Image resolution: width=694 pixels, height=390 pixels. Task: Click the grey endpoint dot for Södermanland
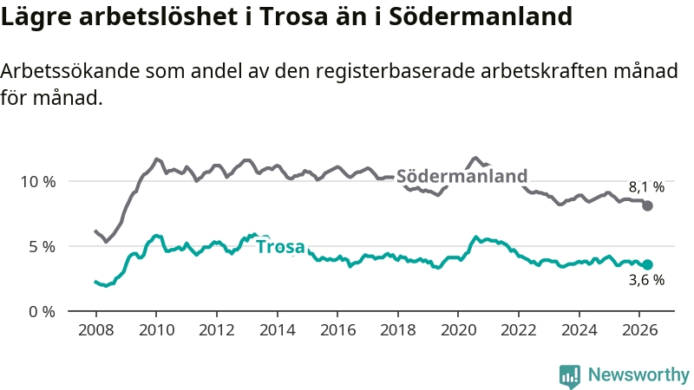[x=647, y=205]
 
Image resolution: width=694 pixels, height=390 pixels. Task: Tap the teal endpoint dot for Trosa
[x=647, y=264]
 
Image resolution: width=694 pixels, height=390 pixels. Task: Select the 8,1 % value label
[x=646, y=187]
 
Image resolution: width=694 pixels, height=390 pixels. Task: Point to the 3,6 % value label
[x=646, y=280]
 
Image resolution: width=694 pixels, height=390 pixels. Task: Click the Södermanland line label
[x=462, y=176]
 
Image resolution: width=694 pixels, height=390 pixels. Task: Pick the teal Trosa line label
[x=280, y=247]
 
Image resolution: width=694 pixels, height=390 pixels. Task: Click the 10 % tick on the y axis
[x=38, y=181]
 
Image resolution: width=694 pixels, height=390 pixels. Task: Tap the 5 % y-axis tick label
[x=42, y=247]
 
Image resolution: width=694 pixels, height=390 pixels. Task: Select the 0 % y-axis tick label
[x=42, y=312]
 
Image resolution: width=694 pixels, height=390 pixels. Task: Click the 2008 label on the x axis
[x=96, y=330]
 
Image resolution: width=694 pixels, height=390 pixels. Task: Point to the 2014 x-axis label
[x=277, y=330]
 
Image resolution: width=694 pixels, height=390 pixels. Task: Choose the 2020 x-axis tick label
[x=459, y=330]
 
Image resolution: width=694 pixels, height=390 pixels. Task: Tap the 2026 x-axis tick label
[x=640, y=330]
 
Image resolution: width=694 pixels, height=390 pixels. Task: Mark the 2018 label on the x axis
[x=398, y=330]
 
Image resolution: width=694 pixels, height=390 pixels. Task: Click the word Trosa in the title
[x=293, y=16]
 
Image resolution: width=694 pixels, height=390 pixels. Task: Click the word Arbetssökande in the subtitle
[x=70, y=71]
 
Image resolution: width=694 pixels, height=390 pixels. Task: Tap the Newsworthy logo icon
[x=570, y=376]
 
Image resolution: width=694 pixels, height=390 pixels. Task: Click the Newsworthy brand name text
[x=638, y=375]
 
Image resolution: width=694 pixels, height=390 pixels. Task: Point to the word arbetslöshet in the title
[x=158, y=16]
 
